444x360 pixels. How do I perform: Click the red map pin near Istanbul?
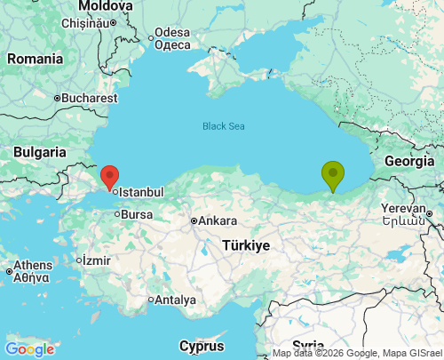110,176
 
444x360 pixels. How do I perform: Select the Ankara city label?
217,220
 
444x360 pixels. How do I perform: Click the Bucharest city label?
90,98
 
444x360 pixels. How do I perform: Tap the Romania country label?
35,59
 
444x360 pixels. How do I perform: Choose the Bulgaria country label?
41,153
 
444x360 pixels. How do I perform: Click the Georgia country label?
409,162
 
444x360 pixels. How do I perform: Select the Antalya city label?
175,300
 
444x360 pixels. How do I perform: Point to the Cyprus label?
202,345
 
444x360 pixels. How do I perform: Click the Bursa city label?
136,214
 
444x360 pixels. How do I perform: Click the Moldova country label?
105,7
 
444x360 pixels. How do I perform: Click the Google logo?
29,349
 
